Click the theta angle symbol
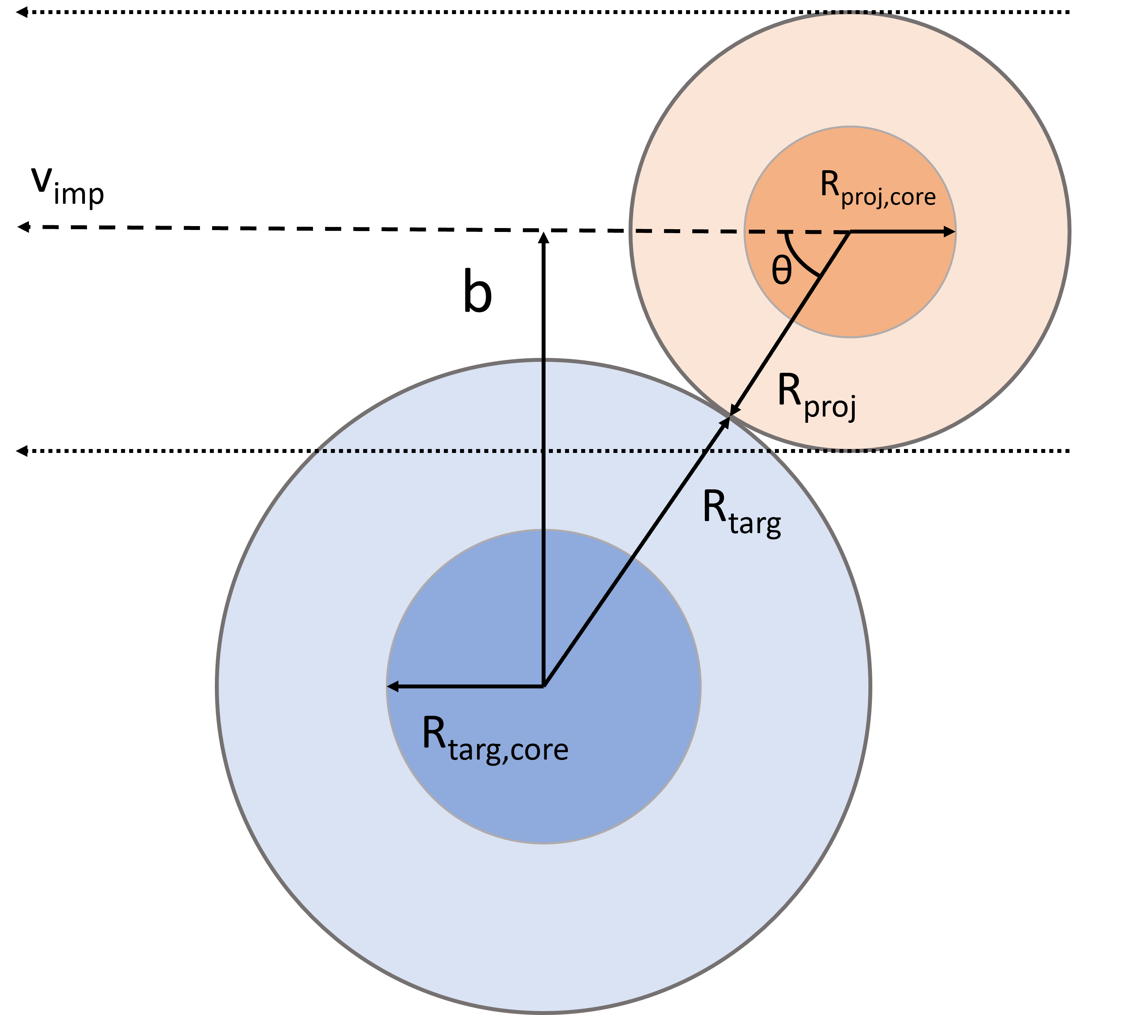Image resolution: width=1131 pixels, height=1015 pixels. (x=781, y=271)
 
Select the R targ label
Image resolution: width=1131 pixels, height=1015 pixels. (x=741, y=512)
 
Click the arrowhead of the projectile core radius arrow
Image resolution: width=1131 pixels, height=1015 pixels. (x=950, y=232)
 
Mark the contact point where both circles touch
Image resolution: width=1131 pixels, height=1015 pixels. (x=730, y=415)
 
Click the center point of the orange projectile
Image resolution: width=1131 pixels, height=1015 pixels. (x=850, y=232)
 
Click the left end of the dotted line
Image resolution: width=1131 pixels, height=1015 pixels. (x=316, y=451)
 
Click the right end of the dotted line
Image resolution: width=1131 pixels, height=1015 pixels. (x=770, y=451)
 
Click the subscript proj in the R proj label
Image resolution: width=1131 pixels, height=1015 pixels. (x=830, y=407)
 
